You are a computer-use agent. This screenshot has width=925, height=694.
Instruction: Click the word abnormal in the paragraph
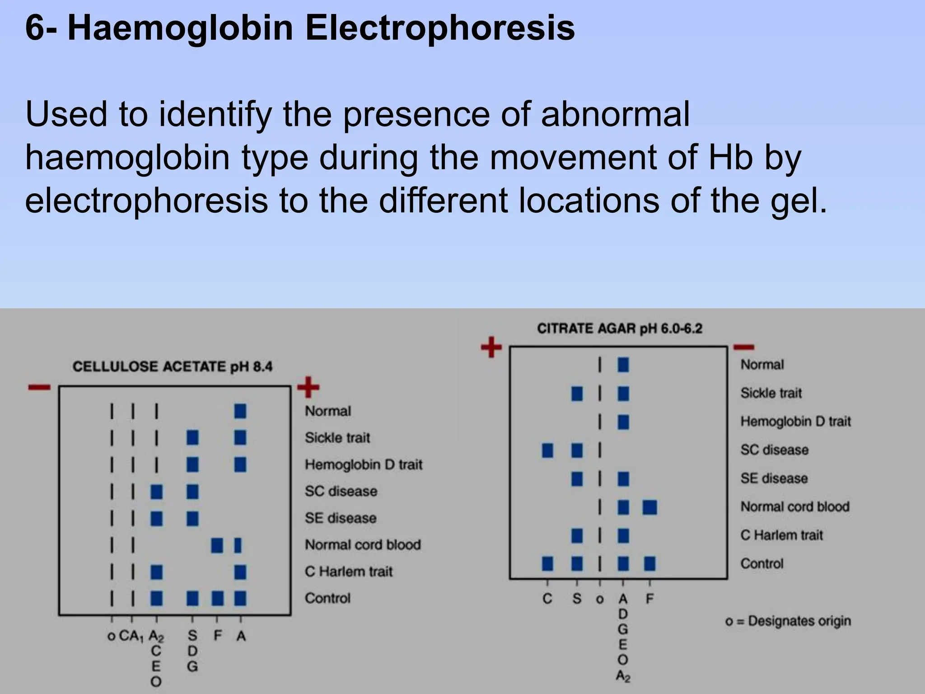pos(615,114)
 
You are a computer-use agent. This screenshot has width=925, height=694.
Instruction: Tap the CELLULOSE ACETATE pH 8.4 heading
pos(173,366)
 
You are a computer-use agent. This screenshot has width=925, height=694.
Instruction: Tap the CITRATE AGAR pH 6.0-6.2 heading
pos(620,328)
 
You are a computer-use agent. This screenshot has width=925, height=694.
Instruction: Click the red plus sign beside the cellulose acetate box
pos(308,387)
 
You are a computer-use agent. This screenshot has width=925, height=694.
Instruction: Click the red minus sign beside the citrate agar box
pos(744,347)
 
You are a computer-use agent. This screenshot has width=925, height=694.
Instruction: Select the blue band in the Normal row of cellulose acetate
pos(240,411)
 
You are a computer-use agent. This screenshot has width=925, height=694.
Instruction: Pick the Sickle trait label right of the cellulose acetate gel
pos(337,438)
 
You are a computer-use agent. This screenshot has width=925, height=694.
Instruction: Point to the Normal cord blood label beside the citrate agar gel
pos(795,507)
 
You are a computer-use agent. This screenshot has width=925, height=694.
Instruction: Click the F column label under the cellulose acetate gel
pos(218,636)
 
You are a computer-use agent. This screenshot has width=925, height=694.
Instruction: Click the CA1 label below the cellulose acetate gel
pos(131,636)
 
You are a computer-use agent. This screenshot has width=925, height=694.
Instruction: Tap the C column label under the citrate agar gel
pos(547,599)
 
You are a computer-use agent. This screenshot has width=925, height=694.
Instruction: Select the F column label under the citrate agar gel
pos(649,599)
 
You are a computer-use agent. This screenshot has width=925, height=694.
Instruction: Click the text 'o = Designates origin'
pos(788,621)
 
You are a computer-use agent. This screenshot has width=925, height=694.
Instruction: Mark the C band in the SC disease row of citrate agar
pos(547,450)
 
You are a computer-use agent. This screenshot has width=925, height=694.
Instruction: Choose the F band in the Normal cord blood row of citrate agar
pos(650,507)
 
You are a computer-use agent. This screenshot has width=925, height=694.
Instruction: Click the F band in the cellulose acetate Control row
pos(218,598)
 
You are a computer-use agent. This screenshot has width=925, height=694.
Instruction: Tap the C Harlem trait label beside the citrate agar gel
pos(782,535)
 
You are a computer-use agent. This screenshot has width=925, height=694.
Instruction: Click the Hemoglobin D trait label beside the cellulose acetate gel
pos(364,464)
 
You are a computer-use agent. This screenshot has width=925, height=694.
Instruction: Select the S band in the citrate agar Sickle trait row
pos(577,394)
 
